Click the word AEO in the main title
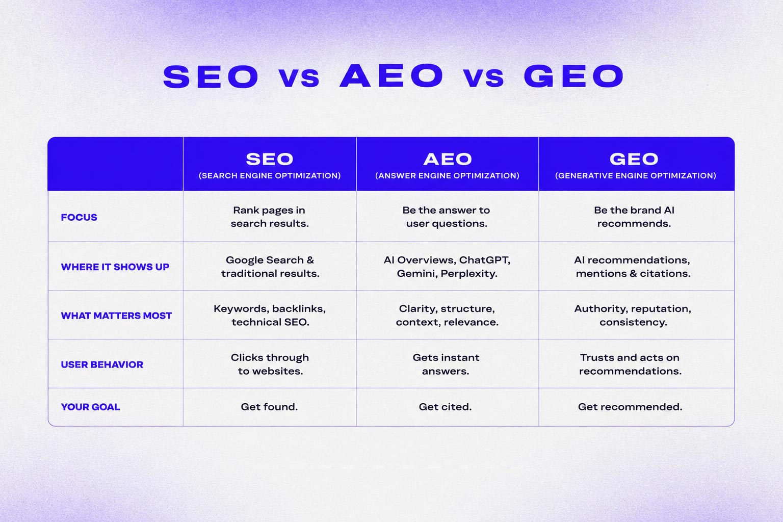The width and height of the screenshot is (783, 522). (391, 75)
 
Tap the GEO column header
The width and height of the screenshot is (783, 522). (634, 159)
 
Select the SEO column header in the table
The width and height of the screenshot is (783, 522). (270, 159)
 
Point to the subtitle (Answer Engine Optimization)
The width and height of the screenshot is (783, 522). (447, 175)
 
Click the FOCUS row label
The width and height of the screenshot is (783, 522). (79, 217)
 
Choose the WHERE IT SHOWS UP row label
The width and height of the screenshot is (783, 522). (115, 267)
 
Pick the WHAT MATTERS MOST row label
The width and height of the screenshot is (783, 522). (116, 316)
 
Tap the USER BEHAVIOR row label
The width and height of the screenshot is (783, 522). (102, 364)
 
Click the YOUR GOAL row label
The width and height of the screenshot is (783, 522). (91, 407)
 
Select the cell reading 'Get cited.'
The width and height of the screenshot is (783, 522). (446, 407)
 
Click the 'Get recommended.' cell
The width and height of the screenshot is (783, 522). (630, 407)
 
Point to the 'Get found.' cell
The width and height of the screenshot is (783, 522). (269, 407)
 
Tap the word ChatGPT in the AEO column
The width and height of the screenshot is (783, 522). (484, 260)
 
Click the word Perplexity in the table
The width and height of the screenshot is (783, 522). (469, 274)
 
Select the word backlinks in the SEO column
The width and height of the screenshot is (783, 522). (299, 309)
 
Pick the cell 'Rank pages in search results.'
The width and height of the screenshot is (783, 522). (270, 217)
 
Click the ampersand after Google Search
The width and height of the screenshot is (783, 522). (310, 260)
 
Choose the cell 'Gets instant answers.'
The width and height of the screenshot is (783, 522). (446, 364)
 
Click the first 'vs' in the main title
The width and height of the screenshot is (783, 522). (299, 77)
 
